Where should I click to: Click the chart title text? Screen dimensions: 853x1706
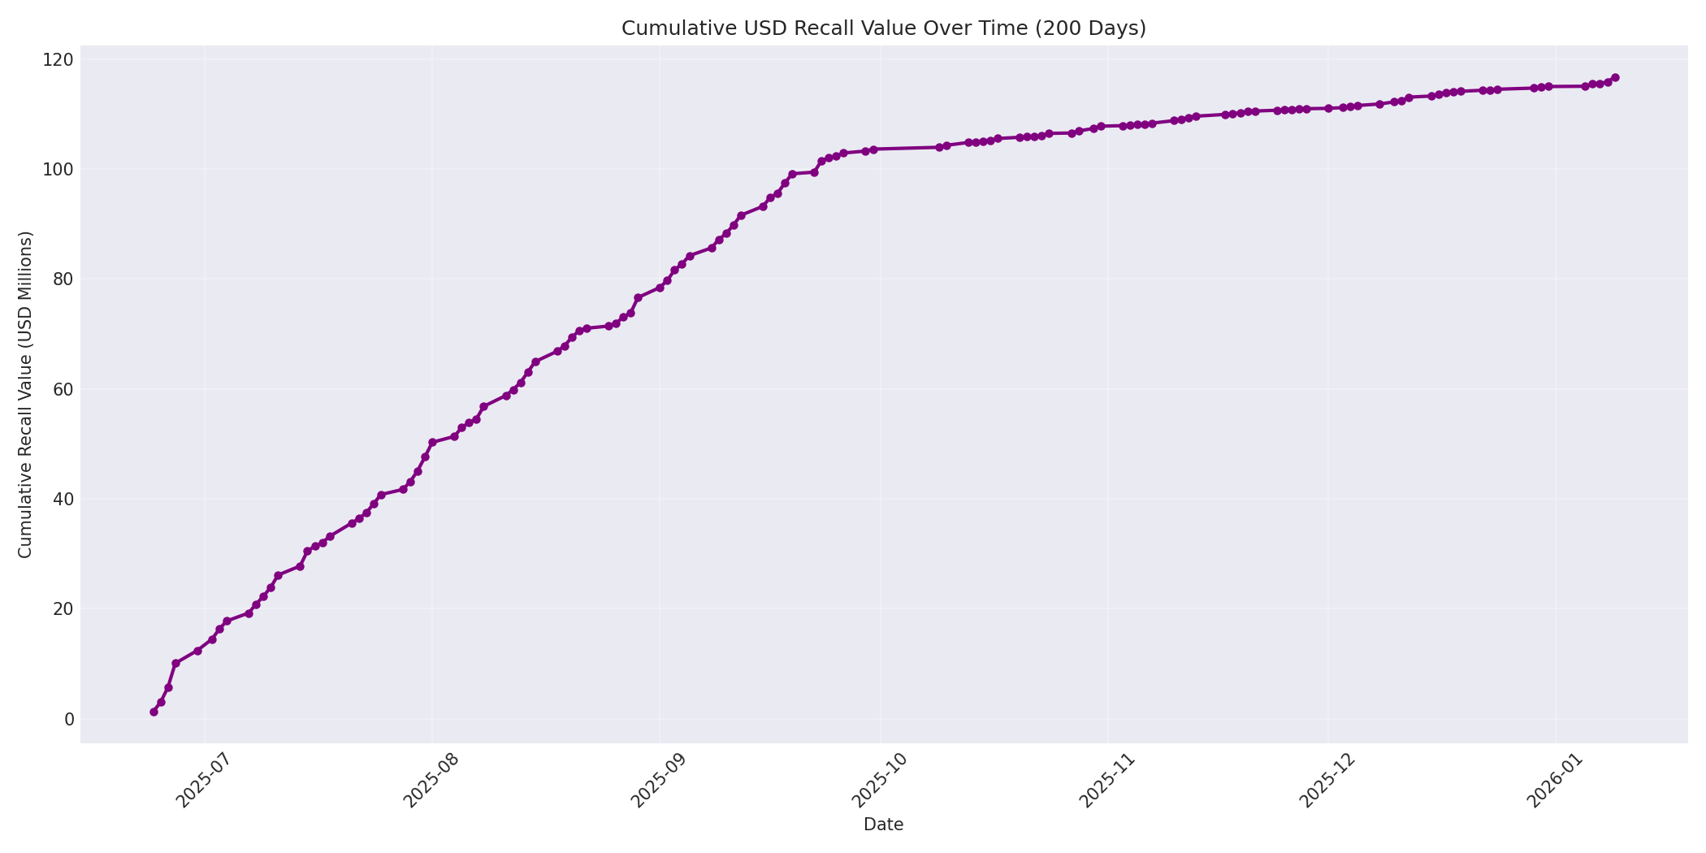(x=883, y=28)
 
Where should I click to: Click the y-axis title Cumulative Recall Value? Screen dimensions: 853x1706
(x=25, y=395)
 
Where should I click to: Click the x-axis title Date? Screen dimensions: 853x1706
(x=883, y=825)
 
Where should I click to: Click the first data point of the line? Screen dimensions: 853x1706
(x=154, y=712)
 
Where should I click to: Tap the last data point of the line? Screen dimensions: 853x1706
(x=1615, y=78)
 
